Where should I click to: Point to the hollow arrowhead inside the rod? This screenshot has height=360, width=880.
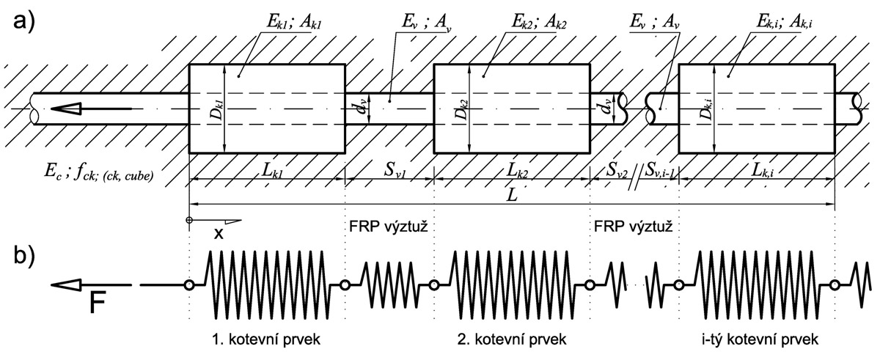67,109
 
